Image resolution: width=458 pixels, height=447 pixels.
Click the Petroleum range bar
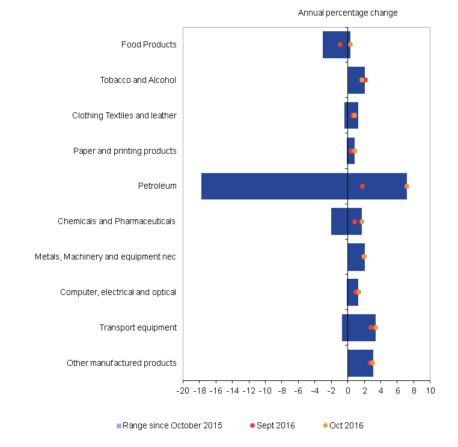pos(304,186)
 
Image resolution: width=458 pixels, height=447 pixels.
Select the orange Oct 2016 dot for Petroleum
pos(407,186)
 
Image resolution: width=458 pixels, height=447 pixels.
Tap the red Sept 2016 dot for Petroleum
pos(362,186)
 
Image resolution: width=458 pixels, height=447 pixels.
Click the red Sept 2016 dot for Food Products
pos(340,44)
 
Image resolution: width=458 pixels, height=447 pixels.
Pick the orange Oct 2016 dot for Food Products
pos(350,44)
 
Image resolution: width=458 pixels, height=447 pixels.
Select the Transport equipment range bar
pos(359,327)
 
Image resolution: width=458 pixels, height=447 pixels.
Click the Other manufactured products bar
pos(360,363)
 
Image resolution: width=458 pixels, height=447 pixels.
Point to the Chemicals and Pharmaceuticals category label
pos(117,222)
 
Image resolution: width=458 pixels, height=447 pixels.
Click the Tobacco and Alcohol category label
pos(138,80)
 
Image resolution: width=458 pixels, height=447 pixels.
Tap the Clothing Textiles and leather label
pos(124,115)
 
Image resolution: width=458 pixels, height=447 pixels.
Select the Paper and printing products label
pos(125,151)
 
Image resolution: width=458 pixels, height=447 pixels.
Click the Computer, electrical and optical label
pos(118,293)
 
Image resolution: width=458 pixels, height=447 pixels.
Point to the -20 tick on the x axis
pos(183,391)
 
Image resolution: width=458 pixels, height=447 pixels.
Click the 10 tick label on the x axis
pos(430,391)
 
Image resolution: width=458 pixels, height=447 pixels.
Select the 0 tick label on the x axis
pos(347,391)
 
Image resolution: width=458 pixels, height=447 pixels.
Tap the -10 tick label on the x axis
pos(265,391)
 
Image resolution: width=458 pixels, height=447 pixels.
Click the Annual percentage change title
pos(347,13)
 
